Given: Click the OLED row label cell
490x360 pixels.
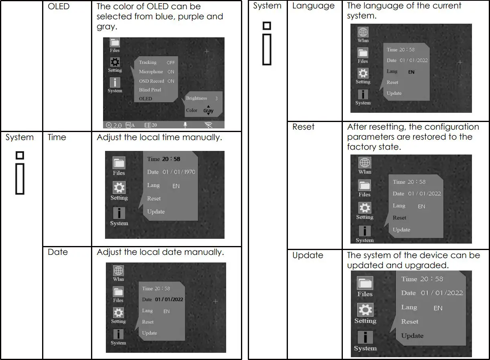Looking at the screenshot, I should click(59, 7).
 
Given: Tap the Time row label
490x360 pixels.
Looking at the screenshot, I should click(57, 137).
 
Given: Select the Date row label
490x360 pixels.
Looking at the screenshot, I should click(58, 252).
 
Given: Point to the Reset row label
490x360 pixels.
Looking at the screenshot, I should click(304, 127).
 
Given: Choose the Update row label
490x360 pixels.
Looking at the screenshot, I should click(308, 255).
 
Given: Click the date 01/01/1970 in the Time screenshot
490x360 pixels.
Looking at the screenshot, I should click(179, 172).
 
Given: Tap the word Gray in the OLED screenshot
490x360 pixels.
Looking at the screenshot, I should click(208, 111).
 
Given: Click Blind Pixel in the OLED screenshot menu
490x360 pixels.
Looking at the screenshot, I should click(150, 90).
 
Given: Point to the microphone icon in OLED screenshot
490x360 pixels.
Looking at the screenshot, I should click(185, 125).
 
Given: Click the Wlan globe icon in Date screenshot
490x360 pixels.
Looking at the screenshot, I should click(118, 271).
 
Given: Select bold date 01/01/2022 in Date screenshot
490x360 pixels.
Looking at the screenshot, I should click(169, 299).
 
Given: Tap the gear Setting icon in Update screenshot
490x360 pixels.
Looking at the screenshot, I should click(365, 310).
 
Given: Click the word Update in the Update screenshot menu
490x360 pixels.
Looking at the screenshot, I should click(412, 336).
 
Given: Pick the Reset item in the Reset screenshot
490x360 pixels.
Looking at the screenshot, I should click(399, 218).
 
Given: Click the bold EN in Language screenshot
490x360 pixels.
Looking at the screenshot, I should click(411, 72).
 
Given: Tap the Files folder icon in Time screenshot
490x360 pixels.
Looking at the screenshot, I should click(119, 163).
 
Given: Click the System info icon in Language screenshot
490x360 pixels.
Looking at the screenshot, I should click(363, 95).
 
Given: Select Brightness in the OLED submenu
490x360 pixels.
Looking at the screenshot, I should click(196, 98).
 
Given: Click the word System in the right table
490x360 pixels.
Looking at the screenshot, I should click(267, 6).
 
